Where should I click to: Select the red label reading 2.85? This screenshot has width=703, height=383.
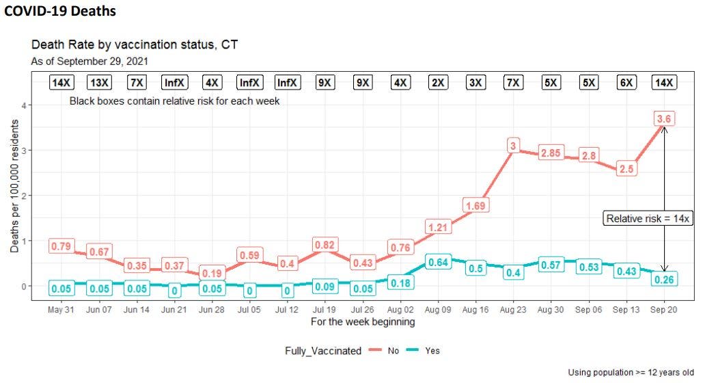(551, 153)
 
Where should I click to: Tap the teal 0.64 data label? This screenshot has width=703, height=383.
(437, 261)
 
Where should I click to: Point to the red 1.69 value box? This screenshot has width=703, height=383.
(475, 205)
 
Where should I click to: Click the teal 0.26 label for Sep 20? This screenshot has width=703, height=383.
(664, 279)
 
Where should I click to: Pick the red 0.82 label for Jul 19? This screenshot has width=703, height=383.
(325, 245)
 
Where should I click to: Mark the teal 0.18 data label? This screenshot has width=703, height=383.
(400, 282)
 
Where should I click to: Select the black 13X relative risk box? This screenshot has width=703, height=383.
(98, 83)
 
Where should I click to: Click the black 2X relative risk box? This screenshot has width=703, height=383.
(437, 83)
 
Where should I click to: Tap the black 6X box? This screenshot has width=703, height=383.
(626, 83)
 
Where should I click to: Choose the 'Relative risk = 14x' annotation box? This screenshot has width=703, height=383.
(648, 218)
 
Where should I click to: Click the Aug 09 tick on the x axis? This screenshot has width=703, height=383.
(437, 309)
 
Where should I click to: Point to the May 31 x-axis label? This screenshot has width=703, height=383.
(61, 309)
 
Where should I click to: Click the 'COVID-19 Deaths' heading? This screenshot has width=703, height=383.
(60, 12)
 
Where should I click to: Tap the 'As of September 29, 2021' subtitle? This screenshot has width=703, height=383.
(90, 61)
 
